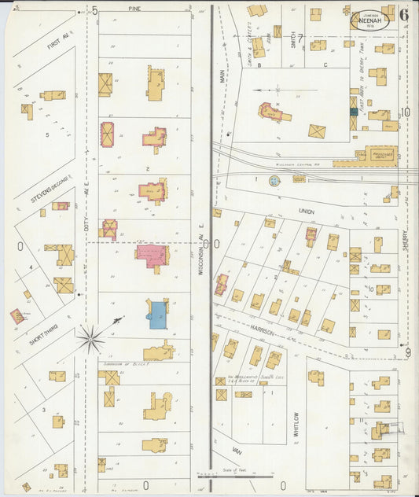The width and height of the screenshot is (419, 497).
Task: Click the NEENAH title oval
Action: click(x=369, y=17)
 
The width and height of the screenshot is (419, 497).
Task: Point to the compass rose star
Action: click(x=90, y=340)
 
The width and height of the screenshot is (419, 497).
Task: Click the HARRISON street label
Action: click(x=263, y=332)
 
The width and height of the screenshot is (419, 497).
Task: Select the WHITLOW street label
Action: click(x=296, y=424)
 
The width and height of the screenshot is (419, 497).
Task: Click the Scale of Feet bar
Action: click(x=236, y=476)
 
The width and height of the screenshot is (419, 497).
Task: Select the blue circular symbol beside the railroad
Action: click(x=274, y=181)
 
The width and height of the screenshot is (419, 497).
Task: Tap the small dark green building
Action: click(x=354, y=112)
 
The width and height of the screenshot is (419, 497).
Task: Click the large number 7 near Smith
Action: click(x=299, y=38)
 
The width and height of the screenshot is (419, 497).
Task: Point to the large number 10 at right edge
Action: click(x=405, y=112)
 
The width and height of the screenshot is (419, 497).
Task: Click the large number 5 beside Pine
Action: click(x=94, y=10)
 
